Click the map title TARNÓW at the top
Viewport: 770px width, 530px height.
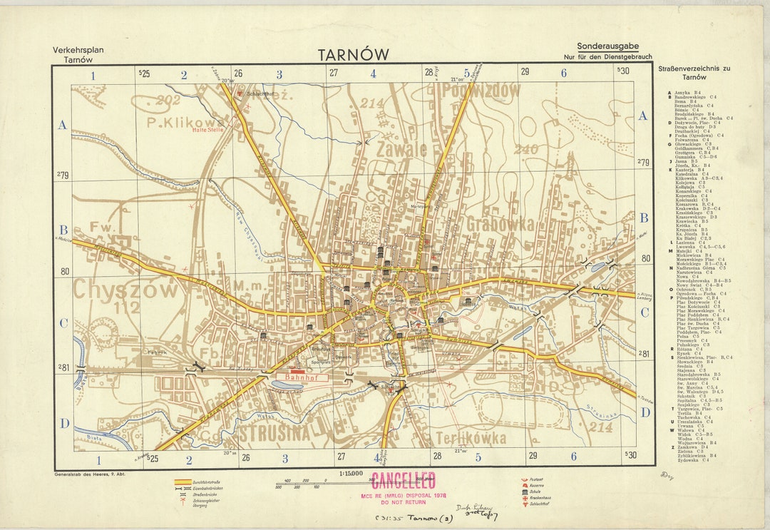point(354,55)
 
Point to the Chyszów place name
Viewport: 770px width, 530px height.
point(125,290)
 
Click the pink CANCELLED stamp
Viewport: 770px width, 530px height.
point(404,480)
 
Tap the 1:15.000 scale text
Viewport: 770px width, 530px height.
point(350,473)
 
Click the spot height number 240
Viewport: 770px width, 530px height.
point(525,149)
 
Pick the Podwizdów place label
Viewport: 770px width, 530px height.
point(473,91)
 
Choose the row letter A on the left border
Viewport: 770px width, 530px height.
point(63,125)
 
